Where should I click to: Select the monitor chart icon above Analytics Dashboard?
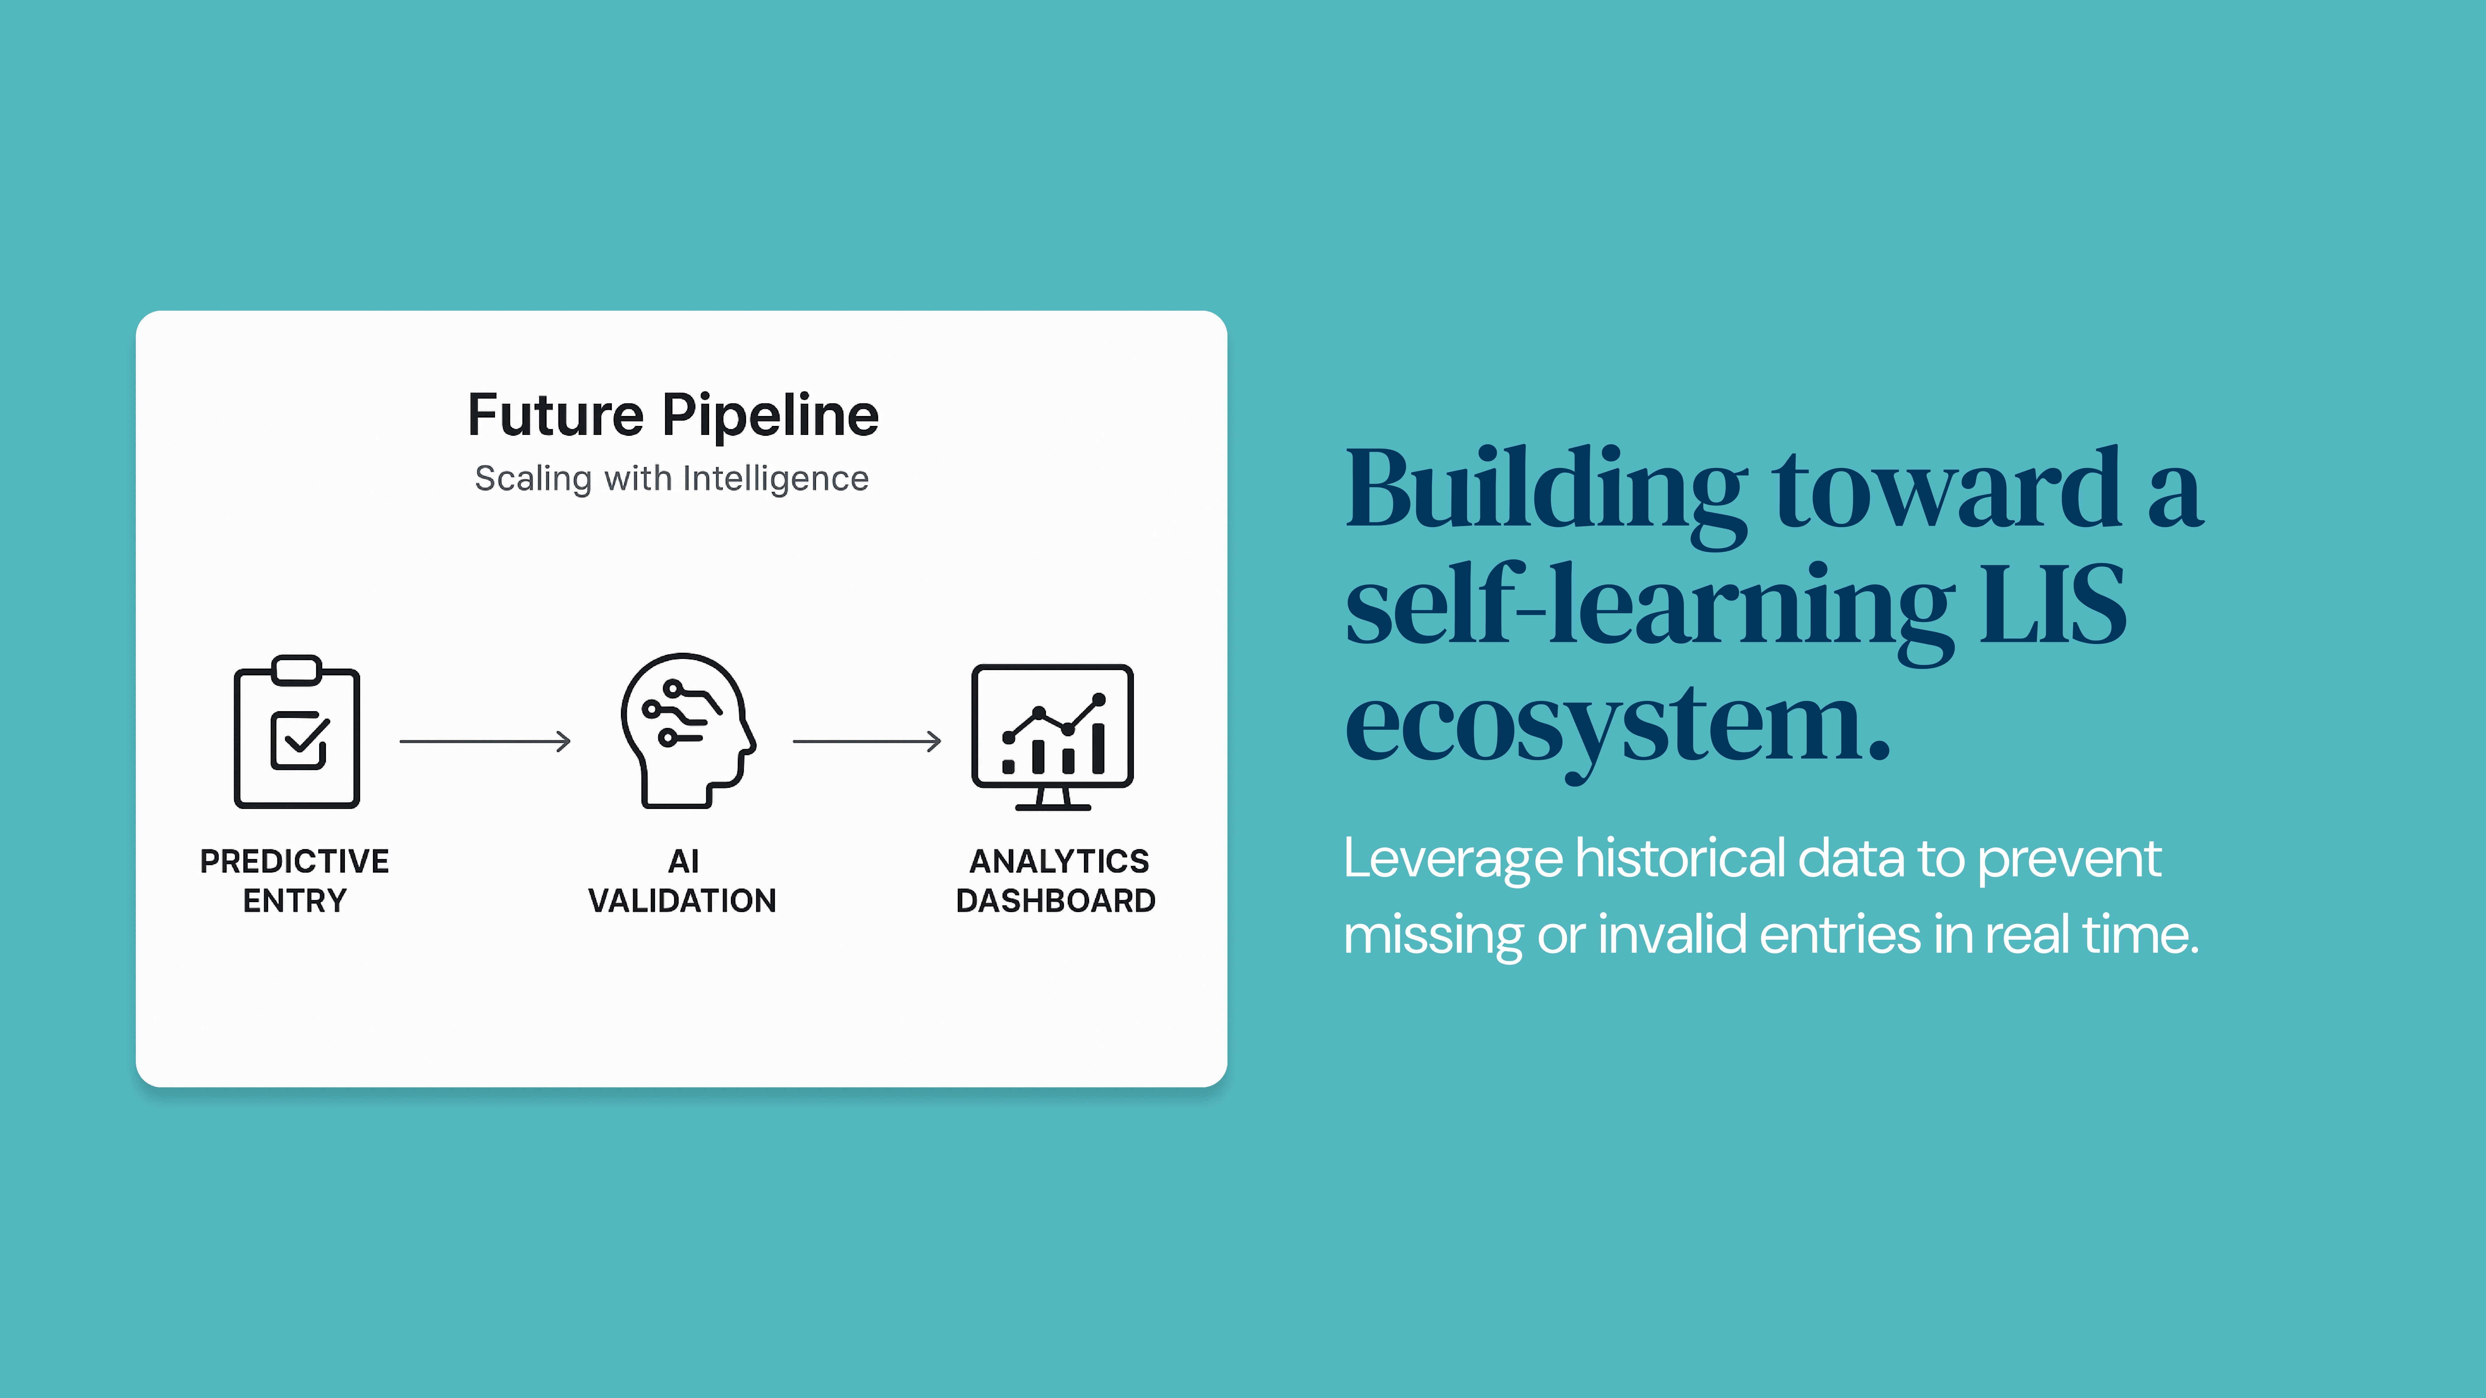1052,737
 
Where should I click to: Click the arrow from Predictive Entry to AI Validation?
485,741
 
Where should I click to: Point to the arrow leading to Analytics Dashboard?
867,741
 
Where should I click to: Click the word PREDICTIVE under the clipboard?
294,861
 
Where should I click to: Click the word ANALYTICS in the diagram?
1059,861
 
